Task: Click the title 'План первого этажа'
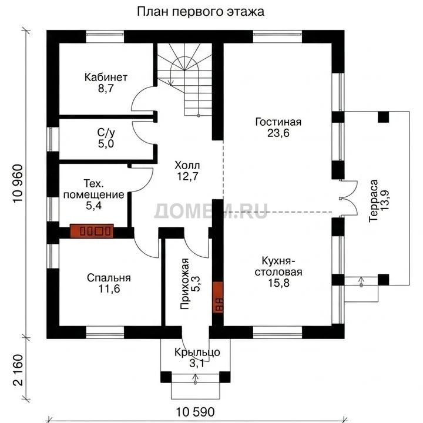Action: click(x=200, y=12)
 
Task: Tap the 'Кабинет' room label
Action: click(x=106, y=78)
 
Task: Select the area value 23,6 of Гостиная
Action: click(x=278, y=133)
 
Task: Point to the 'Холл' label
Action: click(x=187, y=165)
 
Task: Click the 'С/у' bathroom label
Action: click(x=106, y=133)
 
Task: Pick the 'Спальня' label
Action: click(x=109, y=278)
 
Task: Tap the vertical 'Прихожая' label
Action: click(x=185, y=284)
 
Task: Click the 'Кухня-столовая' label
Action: click(x=278, y=267)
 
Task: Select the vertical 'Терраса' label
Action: click(x=374, y=201)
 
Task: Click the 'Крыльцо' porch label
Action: click(x=197, y=352)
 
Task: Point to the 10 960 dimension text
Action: click(x=18, y=183)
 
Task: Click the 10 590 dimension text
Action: click(x=195, y=412)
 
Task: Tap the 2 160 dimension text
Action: click(x=18, y=370)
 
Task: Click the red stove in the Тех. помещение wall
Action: click(x=92, y=231)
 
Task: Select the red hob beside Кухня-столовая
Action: click(x=218, y=297)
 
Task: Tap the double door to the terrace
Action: click(x=348, y=199)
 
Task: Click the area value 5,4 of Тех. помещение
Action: click(x=93, y=206)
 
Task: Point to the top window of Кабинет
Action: click(x=105, y=36)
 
